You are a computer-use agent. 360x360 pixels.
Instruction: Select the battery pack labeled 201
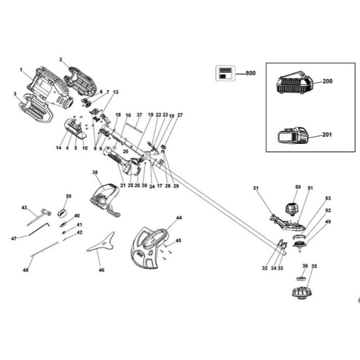click(293, 136)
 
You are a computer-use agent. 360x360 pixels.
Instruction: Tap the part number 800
click(250, 73)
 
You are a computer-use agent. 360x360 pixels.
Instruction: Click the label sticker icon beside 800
click(225, 73)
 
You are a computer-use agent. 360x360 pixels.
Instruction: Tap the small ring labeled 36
click(301, 278)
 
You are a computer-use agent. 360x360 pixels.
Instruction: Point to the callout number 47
click(14, 238)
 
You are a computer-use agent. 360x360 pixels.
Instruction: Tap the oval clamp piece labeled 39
click(62, 212)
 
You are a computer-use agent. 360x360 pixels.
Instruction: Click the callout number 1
click(21, 69)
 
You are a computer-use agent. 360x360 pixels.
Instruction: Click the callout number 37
click(139, 115)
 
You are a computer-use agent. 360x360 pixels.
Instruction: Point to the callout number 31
click(256, 188)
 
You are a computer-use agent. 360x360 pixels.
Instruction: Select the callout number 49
click(327, 222)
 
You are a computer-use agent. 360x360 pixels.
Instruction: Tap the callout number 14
click(59, 148)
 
